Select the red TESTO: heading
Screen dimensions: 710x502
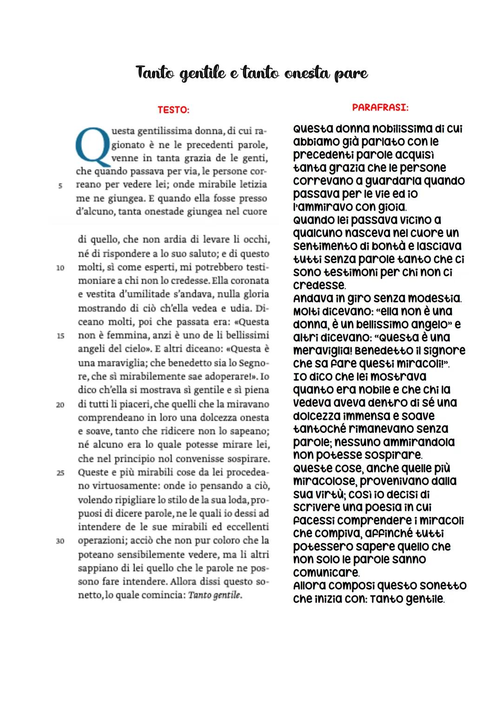tap(173, 110)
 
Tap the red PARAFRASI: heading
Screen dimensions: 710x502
tap(380, 107)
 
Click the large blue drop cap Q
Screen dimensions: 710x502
tap(92, 146)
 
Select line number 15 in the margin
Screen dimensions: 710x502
tap(60, 336)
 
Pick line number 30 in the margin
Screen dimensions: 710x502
tap(60, 541)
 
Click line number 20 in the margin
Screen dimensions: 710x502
tap(60, 405)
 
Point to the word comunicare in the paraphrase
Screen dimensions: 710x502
tap(326, 572)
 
